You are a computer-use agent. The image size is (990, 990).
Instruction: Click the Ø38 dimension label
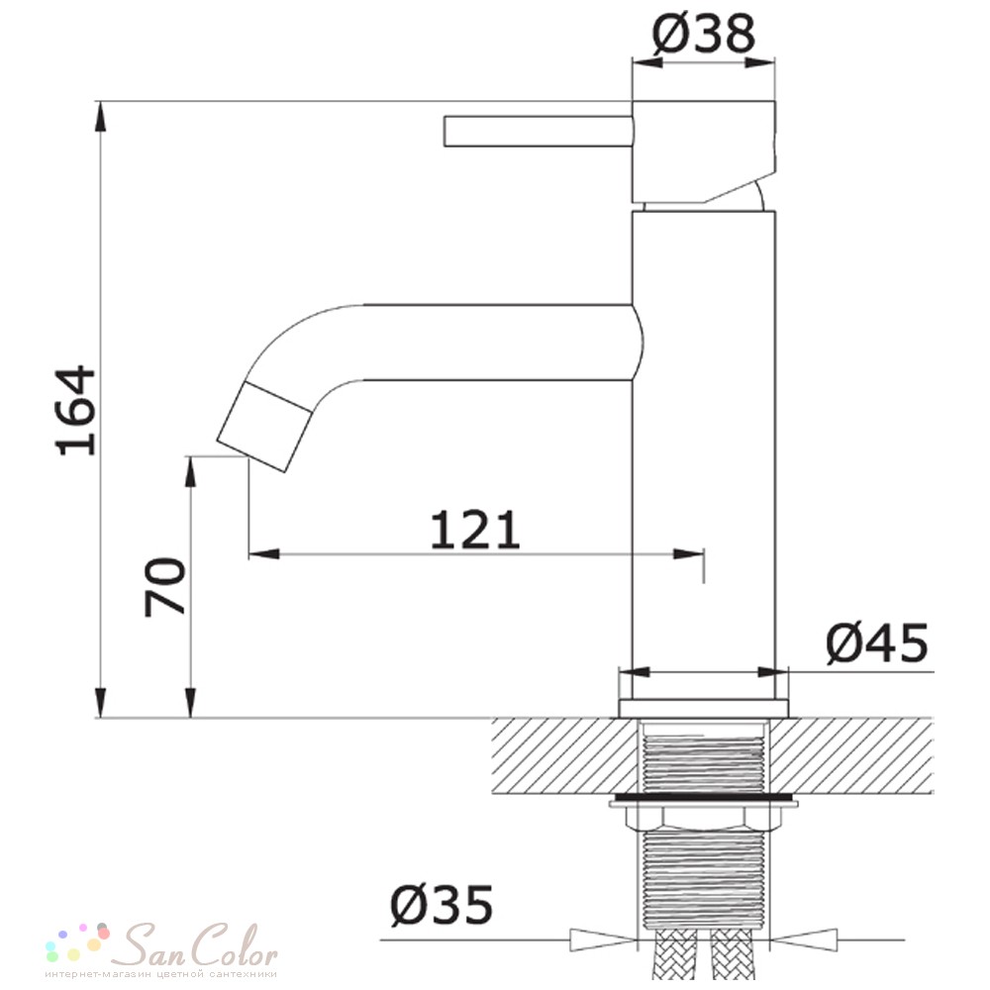point(703,34)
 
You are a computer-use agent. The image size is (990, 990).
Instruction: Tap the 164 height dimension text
point(76,411)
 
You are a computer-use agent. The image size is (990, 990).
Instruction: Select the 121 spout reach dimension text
point(475,531)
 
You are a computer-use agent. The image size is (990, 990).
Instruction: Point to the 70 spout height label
point(164,586)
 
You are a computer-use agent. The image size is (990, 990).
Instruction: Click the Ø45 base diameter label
point(877,643)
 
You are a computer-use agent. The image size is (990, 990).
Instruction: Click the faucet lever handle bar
point(538,132)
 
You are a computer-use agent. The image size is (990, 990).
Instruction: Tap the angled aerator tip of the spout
point(264,427)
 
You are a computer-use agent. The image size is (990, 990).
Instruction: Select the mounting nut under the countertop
point(703,819)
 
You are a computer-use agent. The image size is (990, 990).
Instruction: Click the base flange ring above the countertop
point(704,709)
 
